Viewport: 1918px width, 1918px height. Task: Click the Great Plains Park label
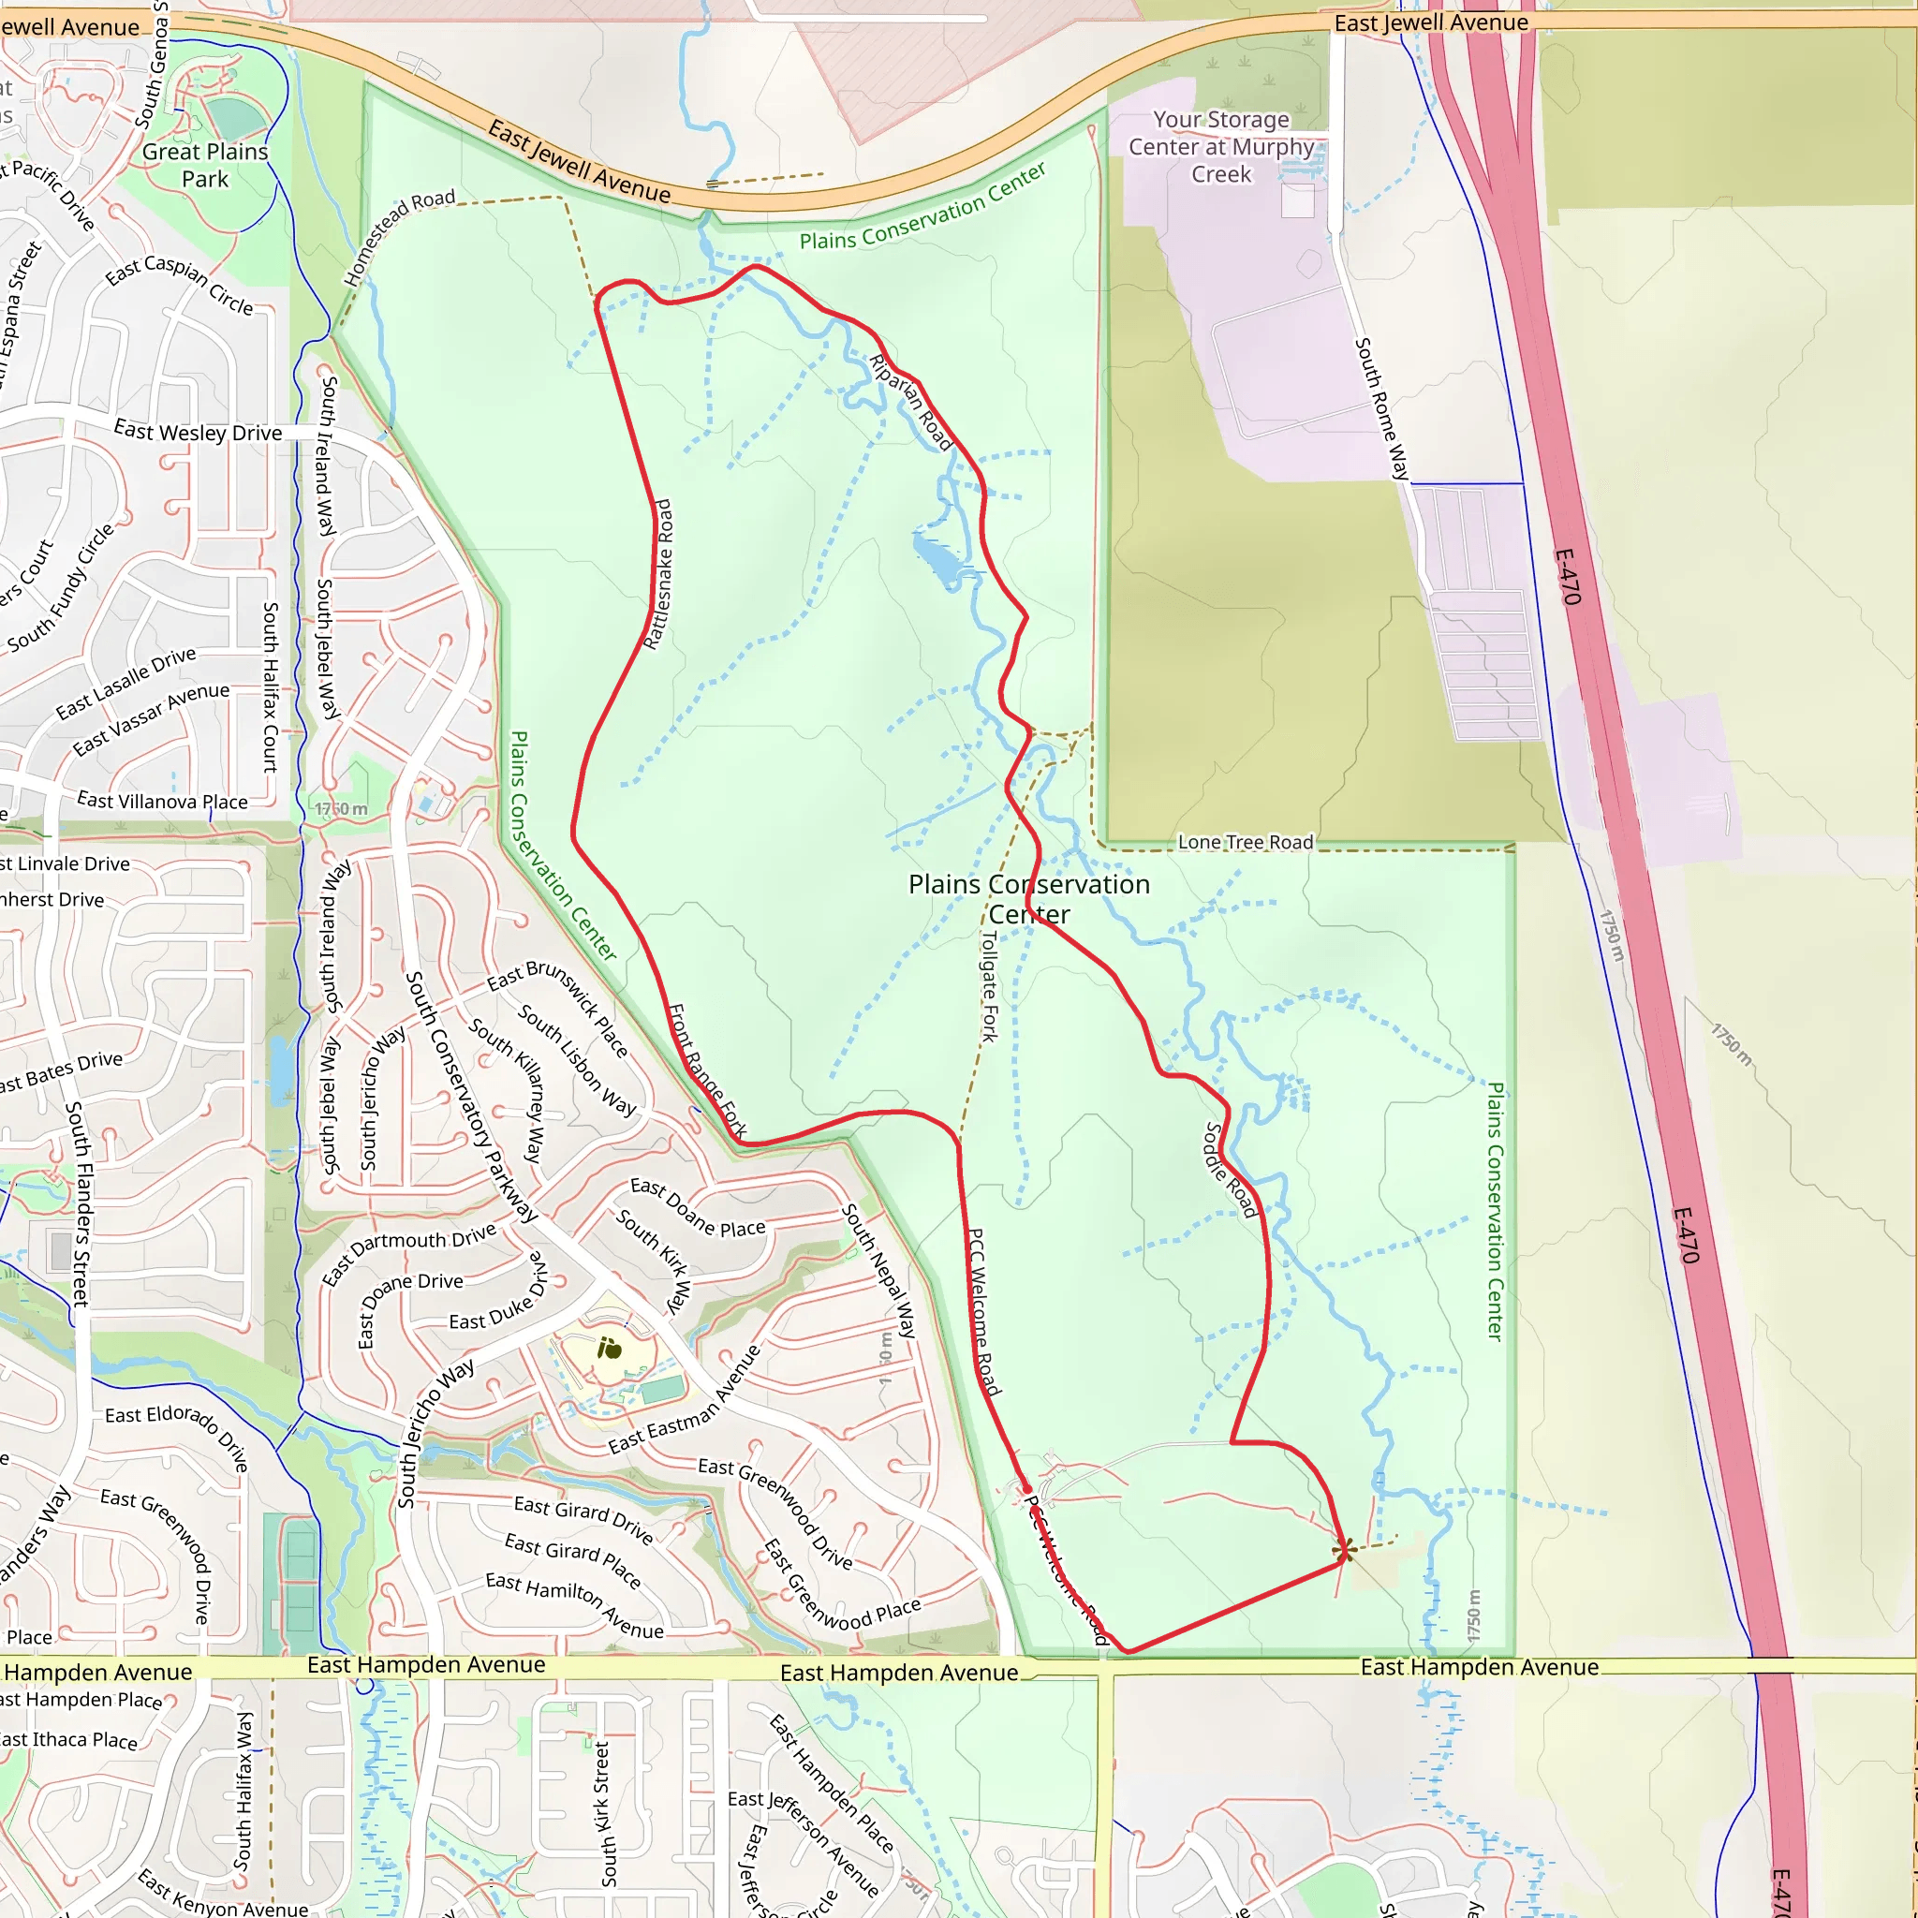pyautogui.click(x=204, y=166)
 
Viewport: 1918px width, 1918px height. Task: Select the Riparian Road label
pyautogui.click(x=910, y=402)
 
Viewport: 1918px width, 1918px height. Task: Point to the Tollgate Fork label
pyautogui.click(x=989, y=986)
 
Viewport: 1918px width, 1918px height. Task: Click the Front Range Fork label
pyautogui.click(x=707, y=1070)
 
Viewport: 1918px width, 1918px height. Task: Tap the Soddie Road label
pyautogui.click(x=1231, y=1170)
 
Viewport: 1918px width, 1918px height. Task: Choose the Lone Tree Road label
pyautogui.click(x=1245, y=842)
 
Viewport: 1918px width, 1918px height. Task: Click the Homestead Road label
pyautogui.click(x=399, y=236)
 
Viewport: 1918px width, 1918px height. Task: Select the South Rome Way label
pyautogui.click(x=1382, y=408)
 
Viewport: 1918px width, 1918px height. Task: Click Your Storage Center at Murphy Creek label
pyautogui.click(x=1221, y=147)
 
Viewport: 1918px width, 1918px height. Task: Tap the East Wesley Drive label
pyautogui.click(x=198, y=432)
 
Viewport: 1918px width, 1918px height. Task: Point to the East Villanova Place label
pyautogui.click(x=162, y=801)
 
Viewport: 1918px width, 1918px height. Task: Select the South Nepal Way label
pyautogui.click(x=878, y=1270)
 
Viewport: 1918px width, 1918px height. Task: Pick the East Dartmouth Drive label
pyautogui.click(x=409, y=1254)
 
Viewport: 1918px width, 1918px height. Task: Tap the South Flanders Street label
pyautogui.click(x=78, y=1202)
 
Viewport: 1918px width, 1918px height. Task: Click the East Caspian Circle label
pyautogui.click(x=180, y=285)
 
